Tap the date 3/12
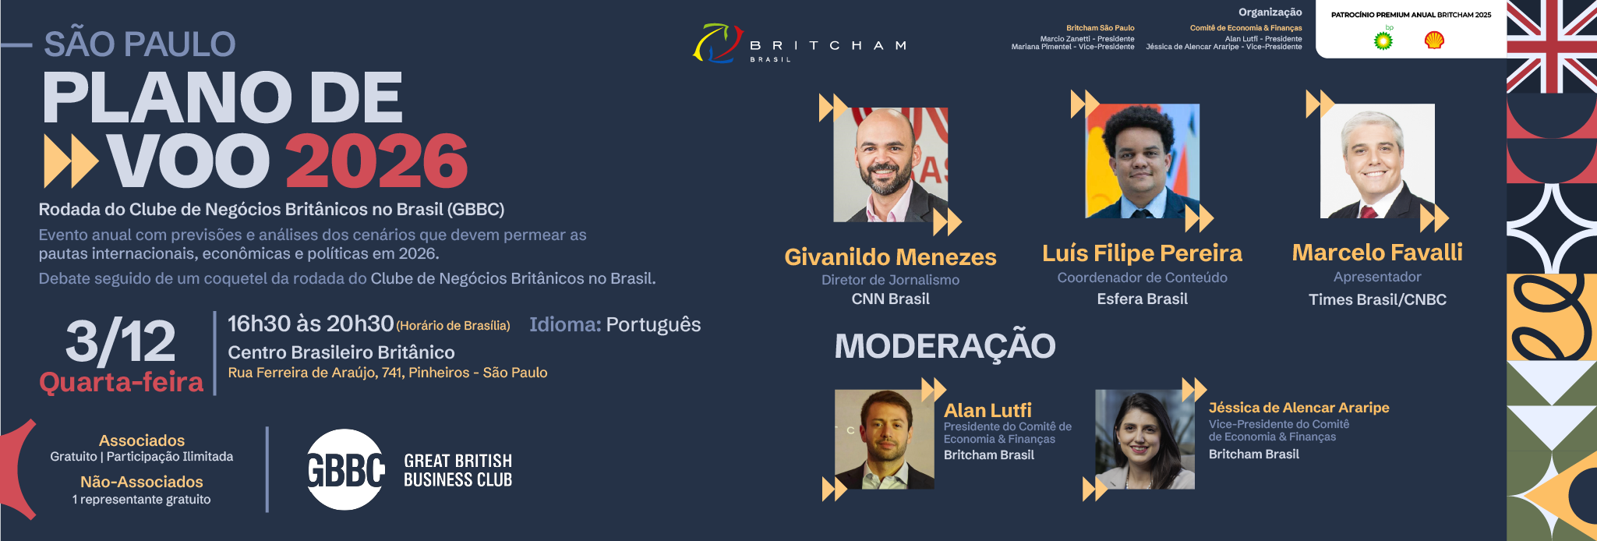[x=121, y=341]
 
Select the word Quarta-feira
[x=122, y=382]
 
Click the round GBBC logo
[x=345, y=469]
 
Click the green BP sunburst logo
[x=1383, y=40]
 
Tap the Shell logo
[x=1434, y=40]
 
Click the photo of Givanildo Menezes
[x=891, y=164]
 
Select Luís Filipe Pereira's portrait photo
[x=1143, y=161]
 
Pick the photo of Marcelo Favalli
[x=1377, y=161]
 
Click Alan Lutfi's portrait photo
[x=885, y=440]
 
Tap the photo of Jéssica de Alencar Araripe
[x=1145, y=440]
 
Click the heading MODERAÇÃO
[x=945, y=346]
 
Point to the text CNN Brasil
[x=891, y=299]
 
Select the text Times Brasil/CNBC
[x=1377, y=299]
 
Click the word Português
[x=653, y=325]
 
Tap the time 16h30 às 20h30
[x=310, y=324]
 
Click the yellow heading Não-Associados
[x=142, y=482]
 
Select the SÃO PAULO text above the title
[x=140, y=44]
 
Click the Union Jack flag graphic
[x=1552, y=47]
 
